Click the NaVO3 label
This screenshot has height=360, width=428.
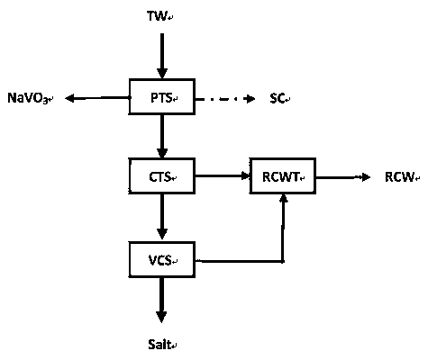click(29, 98)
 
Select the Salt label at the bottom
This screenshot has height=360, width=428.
click(160, 344)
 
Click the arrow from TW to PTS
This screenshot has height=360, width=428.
click(162, 56)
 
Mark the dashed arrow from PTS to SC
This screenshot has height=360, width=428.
click(225, 99)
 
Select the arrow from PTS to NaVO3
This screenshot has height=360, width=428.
click(96, 98)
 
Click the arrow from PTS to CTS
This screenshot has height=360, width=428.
click(162, 137)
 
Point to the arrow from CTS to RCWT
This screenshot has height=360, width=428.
click(223, 175)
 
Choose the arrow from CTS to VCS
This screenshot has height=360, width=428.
click(162, 217)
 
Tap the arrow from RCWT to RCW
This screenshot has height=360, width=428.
click(343, 177)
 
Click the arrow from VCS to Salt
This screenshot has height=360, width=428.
click(161, 300)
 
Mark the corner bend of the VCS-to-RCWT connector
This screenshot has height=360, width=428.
click(283, 262)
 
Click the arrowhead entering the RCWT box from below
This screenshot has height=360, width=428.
click(283, 199)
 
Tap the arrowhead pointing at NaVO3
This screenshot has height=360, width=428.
click(69, 98)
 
